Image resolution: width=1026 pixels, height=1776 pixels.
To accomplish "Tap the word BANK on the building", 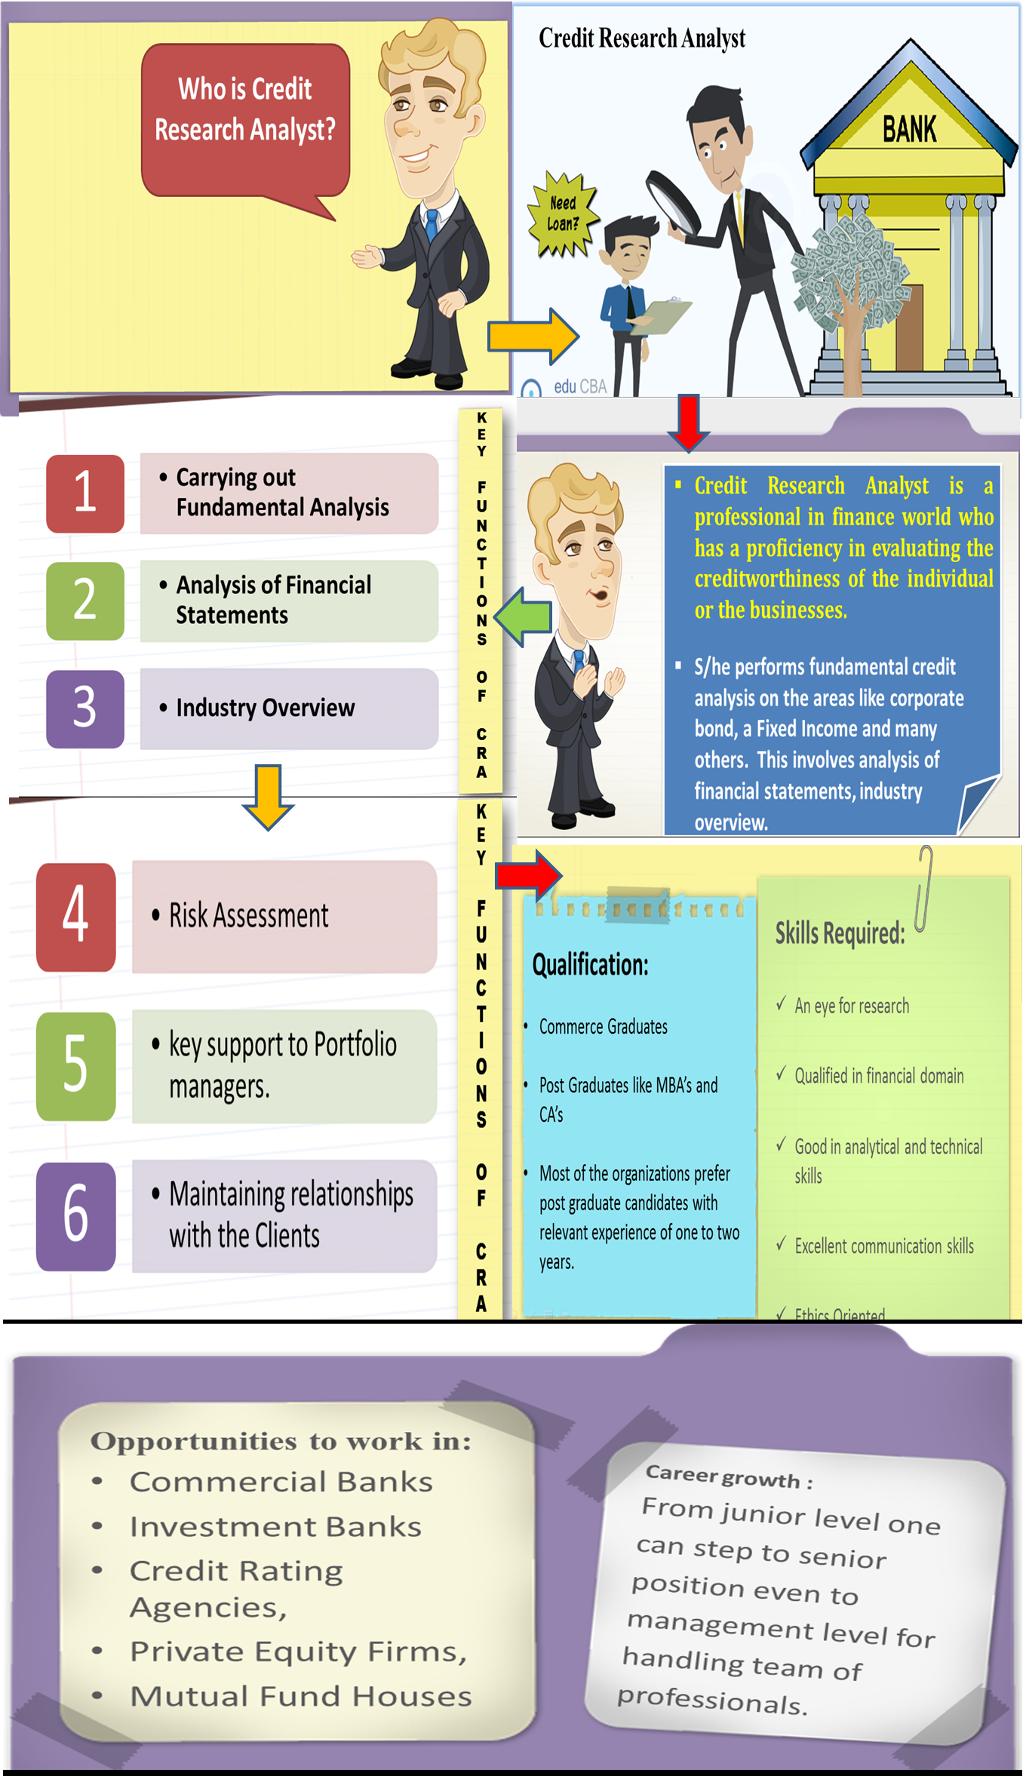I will (x=910, y=129).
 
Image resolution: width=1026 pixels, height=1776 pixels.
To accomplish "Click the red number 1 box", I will (x=85, y=493).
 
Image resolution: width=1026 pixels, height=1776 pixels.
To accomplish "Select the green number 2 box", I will (x=85, y=601).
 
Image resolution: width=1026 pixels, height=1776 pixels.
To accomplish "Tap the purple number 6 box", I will (x=76, y=1215).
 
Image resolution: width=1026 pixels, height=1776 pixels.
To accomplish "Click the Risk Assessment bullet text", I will (x=249, y=916).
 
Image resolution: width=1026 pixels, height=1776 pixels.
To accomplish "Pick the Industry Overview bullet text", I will (x=265, y=708).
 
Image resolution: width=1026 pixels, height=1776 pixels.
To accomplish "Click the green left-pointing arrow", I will (x=527, y=616).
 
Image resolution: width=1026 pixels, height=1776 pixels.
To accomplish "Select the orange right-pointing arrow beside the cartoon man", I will (x=533, y=336).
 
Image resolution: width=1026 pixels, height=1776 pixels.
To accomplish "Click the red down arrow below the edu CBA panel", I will (x=688, y=422).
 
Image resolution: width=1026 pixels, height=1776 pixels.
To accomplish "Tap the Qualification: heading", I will (x=590, y=965).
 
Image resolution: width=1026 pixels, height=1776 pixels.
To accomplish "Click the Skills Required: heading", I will (x=840, y=933).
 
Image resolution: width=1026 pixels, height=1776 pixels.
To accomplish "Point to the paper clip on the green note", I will (x=924, y=888).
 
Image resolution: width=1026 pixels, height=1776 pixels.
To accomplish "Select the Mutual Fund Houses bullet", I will (x=300, y=1697).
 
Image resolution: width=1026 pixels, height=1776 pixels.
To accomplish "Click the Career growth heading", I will (x=729, y=1476).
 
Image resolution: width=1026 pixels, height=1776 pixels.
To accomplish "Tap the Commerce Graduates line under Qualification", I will (x=603, y=1027).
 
